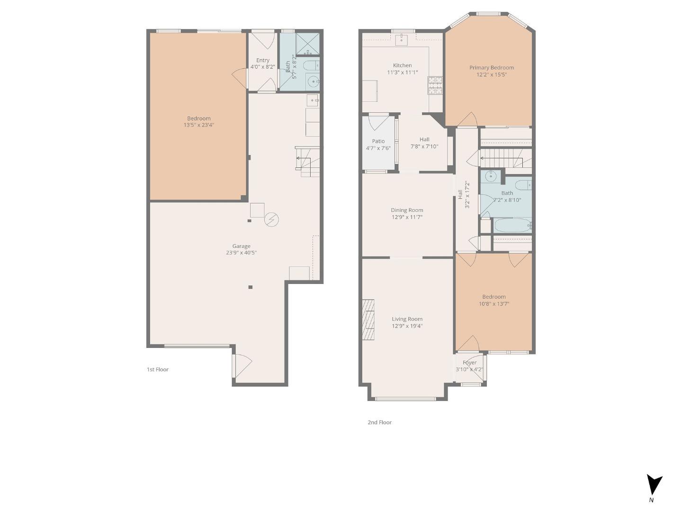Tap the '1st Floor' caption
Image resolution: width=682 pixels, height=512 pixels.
[157, 369]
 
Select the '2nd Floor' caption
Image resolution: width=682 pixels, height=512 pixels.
[379, 422]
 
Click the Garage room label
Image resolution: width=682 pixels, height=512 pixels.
[241, 246]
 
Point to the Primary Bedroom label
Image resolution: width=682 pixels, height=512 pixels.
[491, 68]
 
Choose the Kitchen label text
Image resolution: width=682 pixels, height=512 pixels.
[402, 65]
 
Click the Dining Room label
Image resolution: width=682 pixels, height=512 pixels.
[407, 210]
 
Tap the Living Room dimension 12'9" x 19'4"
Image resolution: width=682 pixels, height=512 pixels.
[407, 326]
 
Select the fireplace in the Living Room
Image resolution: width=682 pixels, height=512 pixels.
[368, 320]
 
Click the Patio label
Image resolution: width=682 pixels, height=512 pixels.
[378, 141]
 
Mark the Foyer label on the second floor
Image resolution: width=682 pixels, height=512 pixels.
[469, 363]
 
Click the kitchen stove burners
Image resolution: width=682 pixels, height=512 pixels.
[435, 85]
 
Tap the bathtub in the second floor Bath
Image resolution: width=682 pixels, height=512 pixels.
[512, 225]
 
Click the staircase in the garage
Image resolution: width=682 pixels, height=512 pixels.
[307, 162]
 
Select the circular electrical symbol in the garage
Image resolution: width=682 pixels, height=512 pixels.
[271, 219]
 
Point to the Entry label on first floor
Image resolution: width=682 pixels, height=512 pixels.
[263, 60]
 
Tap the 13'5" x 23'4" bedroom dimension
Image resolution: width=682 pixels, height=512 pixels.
[199, 125]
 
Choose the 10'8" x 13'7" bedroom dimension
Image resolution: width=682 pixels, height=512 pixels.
[494, 304]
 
